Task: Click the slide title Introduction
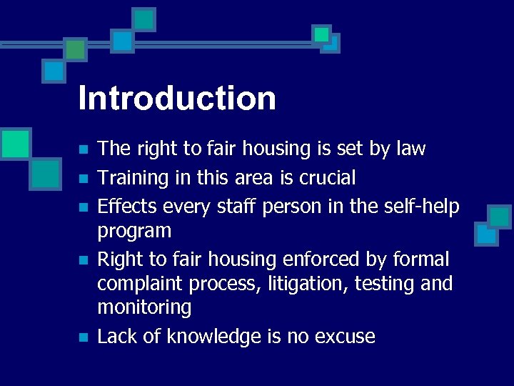[177, 98]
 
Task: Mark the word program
[134, 232]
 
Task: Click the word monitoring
[144, 308]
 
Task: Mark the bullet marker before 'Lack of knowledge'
[84, 337]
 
